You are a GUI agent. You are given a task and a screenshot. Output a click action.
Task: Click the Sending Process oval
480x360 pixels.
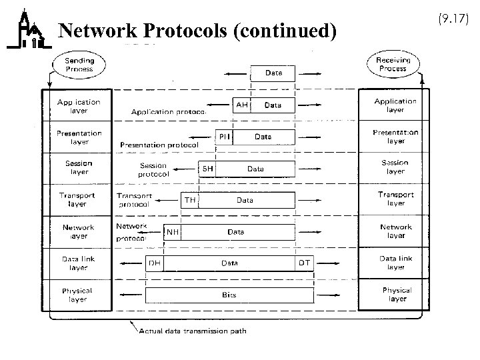tap(79, 65)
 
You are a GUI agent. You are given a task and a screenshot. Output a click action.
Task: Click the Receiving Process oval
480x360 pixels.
tap(393, 64)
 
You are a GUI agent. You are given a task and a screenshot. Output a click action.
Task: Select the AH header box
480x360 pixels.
tap(241, 105)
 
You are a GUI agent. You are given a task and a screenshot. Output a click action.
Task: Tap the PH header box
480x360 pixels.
tap(225, 137)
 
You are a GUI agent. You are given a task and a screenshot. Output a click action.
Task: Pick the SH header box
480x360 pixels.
tap(208, 169)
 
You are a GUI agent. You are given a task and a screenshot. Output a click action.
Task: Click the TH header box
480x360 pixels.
tap(190, 200)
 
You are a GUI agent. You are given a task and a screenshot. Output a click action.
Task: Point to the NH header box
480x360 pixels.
tap(172, 232)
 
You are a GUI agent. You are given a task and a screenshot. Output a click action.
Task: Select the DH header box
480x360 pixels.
tap(155, 263)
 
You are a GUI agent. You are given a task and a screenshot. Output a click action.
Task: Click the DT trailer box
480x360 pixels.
tap(303, 263)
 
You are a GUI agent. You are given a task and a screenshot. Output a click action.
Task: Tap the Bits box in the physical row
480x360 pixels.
tap(229, 294)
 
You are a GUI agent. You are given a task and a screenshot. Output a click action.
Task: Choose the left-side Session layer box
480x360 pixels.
tap(79, 168)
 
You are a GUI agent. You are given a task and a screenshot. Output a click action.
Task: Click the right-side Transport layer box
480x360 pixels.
tap(395, 199)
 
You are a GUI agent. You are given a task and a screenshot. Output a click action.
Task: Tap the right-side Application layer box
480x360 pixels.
tap(395, 105)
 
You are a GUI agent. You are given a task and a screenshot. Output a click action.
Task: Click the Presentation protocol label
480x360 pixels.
tap(159, 145)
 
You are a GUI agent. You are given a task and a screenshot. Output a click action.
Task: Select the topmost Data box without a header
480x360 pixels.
tap(273, 73)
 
